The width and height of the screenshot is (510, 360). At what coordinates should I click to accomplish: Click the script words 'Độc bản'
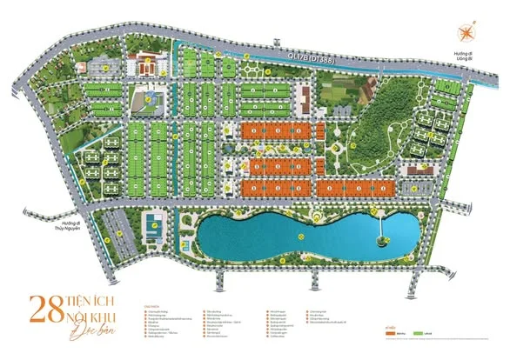pos(102,330)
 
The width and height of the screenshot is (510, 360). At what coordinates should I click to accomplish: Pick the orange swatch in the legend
pos(389,333)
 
